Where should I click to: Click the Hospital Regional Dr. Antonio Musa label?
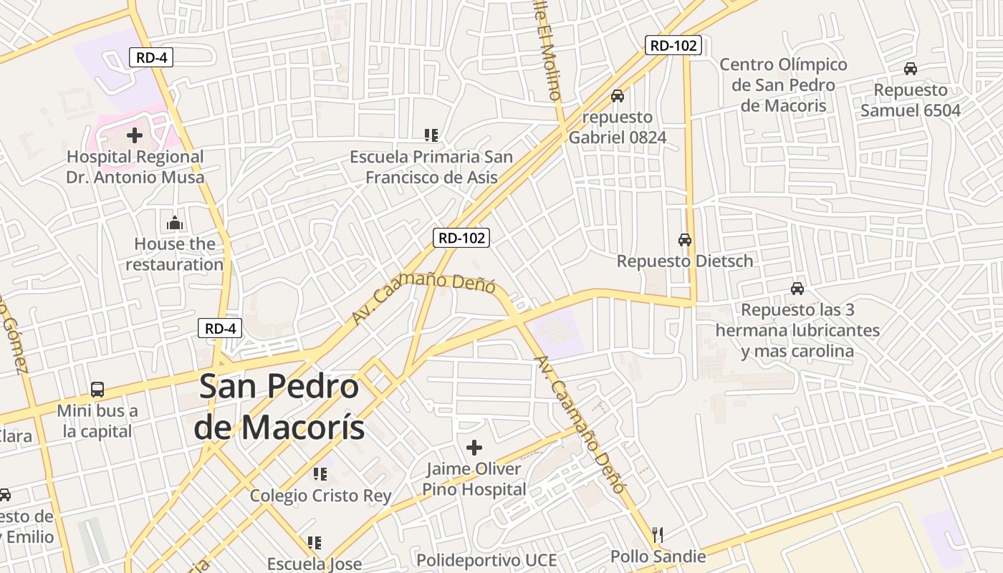click(135, 167)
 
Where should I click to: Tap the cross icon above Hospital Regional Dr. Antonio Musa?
click(135, 135)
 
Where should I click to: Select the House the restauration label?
click(175, 254)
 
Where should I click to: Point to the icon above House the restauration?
click(175, 223)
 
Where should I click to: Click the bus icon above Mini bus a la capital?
click(97, 390)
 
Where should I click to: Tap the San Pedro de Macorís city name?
click(279, 408)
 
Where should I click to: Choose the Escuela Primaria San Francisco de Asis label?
click(431, 167)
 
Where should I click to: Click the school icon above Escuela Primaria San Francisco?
click(431, 135)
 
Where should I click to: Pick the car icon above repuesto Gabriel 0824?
click(618, 95)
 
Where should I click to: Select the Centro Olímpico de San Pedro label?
click(783, 85)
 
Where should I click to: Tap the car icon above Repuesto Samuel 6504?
click(911, 69)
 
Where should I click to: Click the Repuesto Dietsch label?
click(685, 261)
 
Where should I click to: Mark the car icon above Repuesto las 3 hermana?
click(797, 289)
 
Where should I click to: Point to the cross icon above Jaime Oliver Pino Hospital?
click(474, 448)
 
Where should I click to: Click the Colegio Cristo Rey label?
click(320, 496)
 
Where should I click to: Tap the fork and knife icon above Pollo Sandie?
click(658, 534)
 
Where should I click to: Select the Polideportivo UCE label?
click(486, 560)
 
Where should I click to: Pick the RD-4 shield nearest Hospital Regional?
click(151, 57)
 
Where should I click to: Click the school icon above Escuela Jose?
click(315, 543)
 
